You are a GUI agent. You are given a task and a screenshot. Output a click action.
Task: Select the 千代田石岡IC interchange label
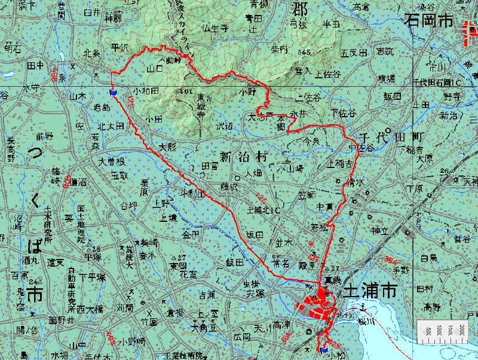coord(441,82)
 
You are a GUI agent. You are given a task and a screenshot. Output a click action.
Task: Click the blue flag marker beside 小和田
coord(113,93)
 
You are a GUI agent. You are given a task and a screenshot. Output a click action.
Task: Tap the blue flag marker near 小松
coord(324,349)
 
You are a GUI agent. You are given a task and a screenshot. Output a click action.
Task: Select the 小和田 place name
coord(146,91)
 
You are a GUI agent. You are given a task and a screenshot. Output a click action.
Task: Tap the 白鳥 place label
coord(429,258)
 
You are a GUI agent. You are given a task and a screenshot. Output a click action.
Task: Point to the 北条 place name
coord(91,53)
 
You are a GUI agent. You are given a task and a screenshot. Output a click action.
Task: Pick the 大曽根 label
coord(112,162)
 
